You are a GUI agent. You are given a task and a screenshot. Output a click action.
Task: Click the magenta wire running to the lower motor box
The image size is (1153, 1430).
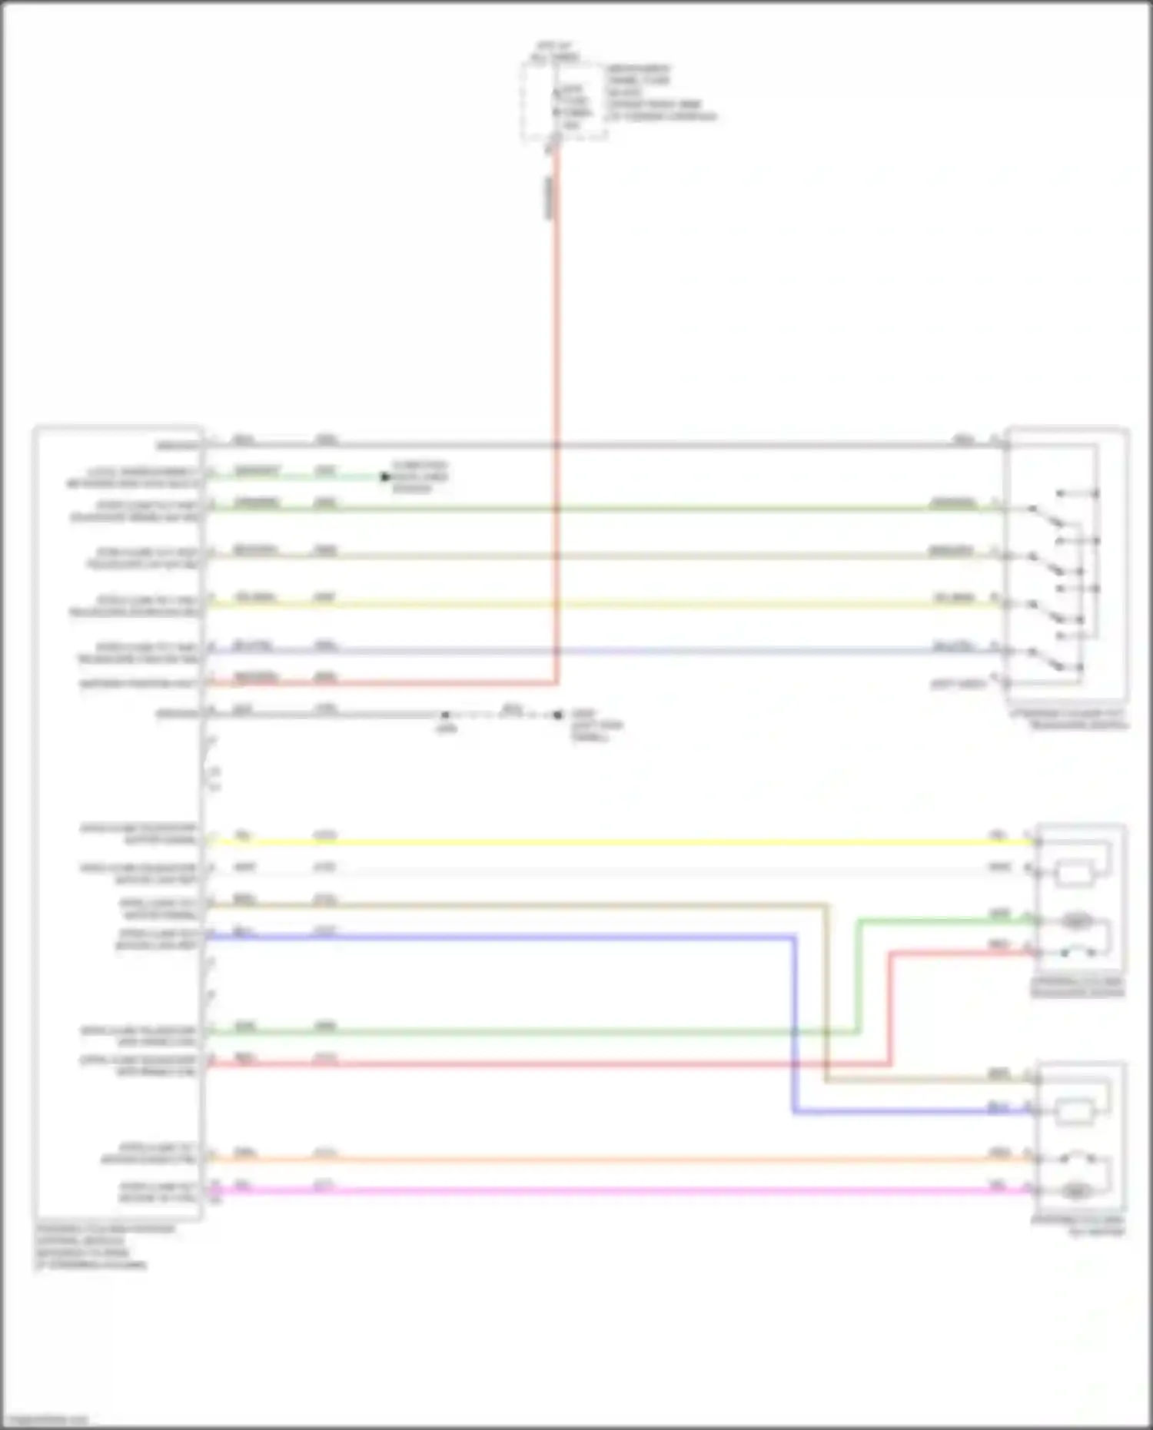point(615,1191)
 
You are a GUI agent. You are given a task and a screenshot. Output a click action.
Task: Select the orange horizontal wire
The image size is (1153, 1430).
point(615,1159)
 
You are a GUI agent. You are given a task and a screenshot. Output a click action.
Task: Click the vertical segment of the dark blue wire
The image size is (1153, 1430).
point(794,1022)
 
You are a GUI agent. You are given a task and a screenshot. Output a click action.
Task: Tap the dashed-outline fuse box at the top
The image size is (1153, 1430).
point(563,100)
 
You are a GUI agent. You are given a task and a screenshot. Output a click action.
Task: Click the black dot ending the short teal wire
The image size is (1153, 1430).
point(385,477)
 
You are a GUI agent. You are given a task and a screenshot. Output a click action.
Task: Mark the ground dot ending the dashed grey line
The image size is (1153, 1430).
point(558,715)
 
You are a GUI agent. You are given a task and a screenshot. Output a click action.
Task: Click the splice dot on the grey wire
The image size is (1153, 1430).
point(445,715)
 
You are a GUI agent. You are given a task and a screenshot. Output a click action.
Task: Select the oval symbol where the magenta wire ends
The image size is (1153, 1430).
point(1075,1191)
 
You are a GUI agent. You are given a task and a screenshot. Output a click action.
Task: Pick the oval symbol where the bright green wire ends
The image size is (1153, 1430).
point(1075,921)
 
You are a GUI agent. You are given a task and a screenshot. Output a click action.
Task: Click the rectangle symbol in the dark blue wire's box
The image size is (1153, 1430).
point(1075,1111)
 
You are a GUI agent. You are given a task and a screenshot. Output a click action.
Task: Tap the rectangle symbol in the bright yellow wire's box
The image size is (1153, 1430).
point(1075,874)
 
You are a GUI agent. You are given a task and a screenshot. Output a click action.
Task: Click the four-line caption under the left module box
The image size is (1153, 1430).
point(105,1246)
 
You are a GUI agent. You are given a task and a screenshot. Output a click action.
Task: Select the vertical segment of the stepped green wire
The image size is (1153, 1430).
point(858,976)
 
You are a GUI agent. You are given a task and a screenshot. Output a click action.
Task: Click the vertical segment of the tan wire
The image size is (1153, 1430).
point(826,991)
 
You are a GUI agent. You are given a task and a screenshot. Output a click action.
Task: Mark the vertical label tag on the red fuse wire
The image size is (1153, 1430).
point(549,197)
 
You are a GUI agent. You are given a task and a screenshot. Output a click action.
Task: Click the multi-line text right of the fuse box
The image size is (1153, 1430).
point(660,93)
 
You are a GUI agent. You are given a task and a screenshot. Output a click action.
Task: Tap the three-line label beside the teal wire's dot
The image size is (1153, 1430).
point(420,477)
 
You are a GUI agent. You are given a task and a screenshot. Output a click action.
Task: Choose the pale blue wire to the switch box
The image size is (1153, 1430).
point(615,652)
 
